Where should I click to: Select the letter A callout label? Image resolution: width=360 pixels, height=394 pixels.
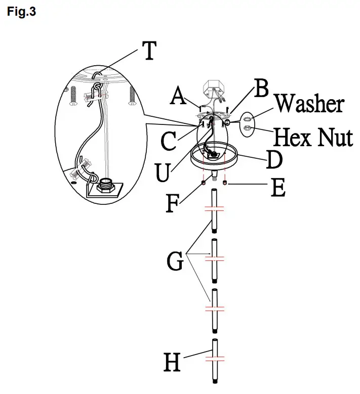click(x=179, y=96)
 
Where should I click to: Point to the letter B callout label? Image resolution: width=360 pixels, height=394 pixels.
click(x=261, y=88)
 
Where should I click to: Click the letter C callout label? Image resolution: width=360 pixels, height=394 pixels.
click(x=169, y=142)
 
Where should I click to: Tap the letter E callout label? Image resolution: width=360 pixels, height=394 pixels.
click(x=278, y=189)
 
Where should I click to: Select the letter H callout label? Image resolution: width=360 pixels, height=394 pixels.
click(x=172, y=363)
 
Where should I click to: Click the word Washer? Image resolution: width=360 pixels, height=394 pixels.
click(x=309, y=104)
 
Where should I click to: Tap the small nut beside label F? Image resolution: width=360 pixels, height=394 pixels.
click(x=203, y=183)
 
